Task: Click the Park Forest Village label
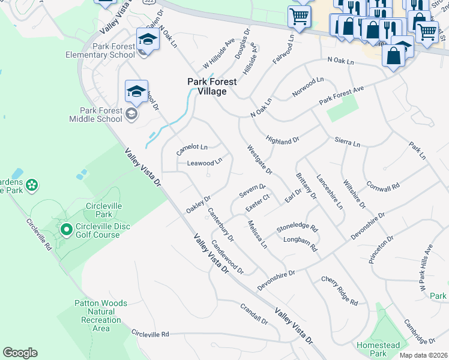[207, 86]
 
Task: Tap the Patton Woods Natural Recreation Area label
[101, 316]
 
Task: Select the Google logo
[20, 353]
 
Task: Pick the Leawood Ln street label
[205, 163]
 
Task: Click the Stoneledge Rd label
[297, 229]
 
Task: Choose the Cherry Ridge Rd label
[339, 290]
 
